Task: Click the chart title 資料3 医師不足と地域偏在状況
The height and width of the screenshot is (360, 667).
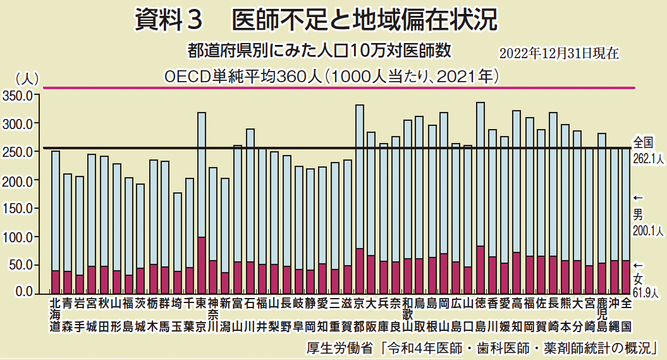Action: pyautogui.click(x=316, y=20)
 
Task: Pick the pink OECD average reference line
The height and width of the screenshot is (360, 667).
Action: pyautogui.click(x=335, y=88)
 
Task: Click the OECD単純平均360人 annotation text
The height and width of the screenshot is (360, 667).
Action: pyautogui.click(x=333, y=76)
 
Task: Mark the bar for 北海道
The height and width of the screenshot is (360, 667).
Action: pyautogui.click(x=56, y=221)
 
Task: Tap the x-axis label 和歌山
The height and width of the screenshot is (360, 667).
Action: pyautogui.click(x=408, y=315)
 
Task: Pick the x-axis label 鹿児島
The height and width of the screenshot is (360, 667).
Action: pyautogui.click(x=602, y=315)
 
